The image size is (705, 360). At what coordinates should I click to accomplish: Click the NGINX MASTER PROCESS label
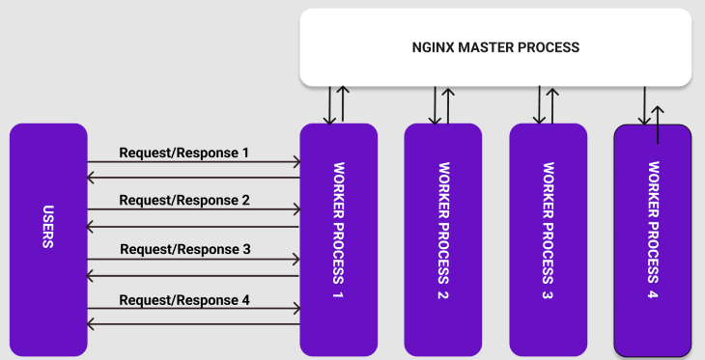(496, 47)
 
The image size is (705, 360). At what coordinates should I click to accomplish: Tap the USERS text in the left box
(47, 228)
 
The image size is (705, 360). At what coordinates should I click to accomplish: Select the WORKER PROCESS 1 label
(339, 229)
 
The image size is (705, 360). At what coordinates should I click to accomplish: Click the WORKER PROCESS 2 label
(443, 229)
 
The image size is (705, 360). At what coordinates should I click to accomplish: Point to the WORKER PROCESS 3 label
(549, 229)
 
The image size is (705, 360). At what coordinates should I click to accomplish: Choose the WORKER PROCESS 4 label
(654, 229)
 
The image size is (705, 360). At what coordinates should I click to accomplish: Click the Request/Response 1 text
(184, 152)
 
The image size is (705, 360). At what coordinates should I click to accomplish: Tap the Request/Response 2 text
(184, 201)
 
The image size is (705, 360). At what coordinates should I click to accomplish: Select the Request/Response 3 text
(184, 249)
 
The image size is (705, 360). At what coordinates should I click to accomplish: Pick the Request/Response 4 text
(184, 299)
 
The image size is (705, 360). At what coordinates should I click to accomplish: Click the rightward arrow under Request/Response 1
(193, 163)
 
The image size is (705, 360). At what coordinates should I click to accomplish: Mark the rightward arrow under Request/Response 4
(193, 310)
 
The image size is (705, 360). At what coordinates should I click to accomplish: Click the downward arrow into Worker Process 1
(330, 105)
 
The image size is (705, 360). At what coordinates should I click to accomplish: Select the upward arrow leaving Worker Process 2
(446, 105)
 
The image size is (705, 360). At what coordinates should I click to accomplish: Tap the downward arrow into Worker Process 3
(540, 105)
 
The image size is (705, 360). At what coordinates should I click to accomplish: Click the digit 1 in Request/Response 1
(245, 152)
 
